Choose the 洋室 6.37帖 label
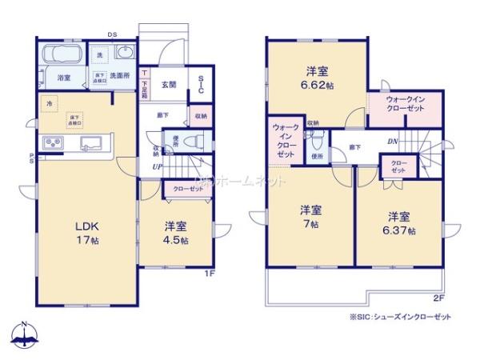tap(400, 222)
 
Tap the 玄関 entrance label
tap(170, 84)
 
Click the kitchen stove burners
tap(53, 144)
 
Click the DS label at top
tap(113, 34)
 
